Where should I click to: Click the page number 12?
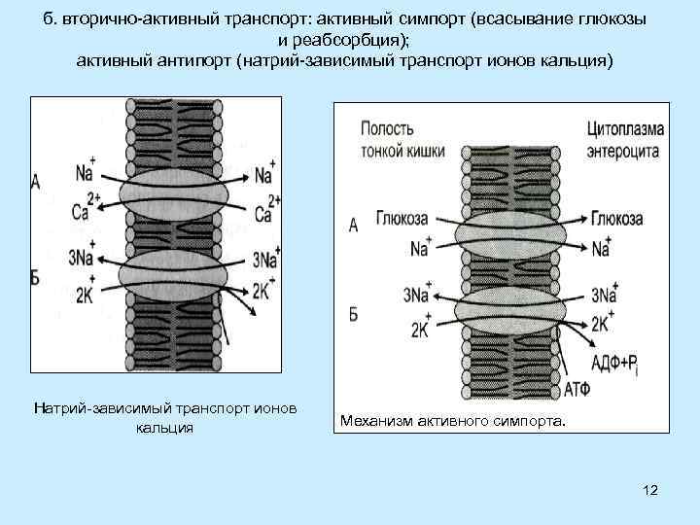pyautogui.click(x=650, y=490)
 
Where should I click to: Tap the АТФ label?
pyautogui.click(x=577, y=391)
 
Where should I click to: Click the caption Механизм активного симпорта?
pyautogui.click(x=452, y=421)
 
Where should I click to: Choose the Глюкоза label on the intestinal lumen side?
pyautogui.click(x=404, y=220)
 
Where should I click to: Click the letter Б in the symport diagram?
pyautogui.click(x=353, y=316)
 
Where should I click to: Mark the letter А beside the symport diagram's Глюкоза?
pyautogui.click(x=353, y=226)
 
